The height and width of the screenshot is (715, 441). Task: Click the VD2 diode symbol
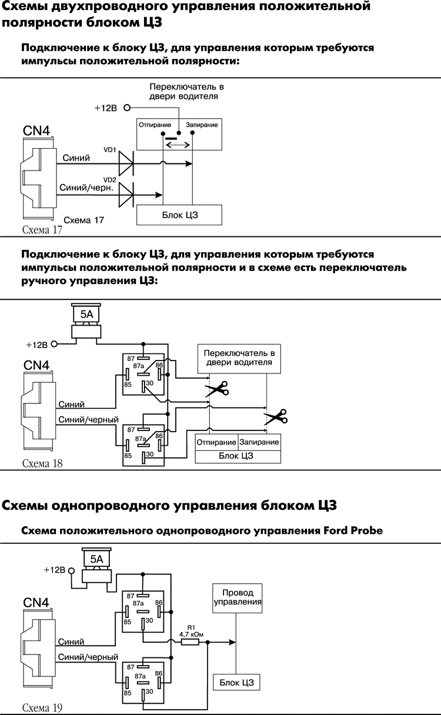[126, 195]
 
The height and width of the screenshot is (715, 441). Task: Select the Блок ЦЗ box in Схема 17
[179, 215]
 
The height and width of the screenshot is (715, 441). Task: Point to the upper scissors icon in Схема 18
[216, 388]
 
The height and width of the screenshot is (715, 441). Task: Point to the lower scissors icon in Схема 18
[275, 417]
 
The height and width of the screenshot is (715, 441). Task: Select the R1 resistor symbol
[190, 643]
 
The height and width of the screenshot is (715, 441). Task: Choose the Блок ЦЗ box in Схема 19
[236, 682]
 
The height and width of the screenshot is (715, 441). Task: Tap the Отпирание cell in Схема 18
[216, 442]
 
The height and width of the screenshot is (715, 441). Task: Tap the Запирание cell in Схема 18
[259, 442]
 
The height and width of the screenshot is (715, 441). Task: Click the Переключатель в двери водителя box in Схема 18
[239, 358]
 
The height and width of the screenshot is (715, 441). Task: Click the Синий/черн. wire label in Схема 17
[85, 189]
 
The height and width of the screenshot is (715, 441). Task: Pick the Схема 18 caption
[42, 463]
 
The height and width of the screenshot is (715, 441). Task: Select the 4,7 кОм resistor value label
[190, 634]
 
